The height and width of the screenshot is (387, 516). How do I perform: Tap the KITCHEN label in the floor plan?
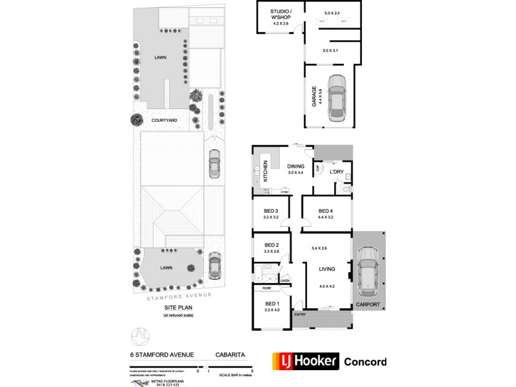pyautogui.click(x=265, y=173)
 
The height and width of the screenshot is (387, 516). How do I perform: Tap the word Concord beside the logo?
pyautogui.click(x=366, y=361)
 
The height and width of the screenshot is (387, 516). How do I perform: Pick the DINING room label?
pyautogui.click(x=297, y=166)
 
